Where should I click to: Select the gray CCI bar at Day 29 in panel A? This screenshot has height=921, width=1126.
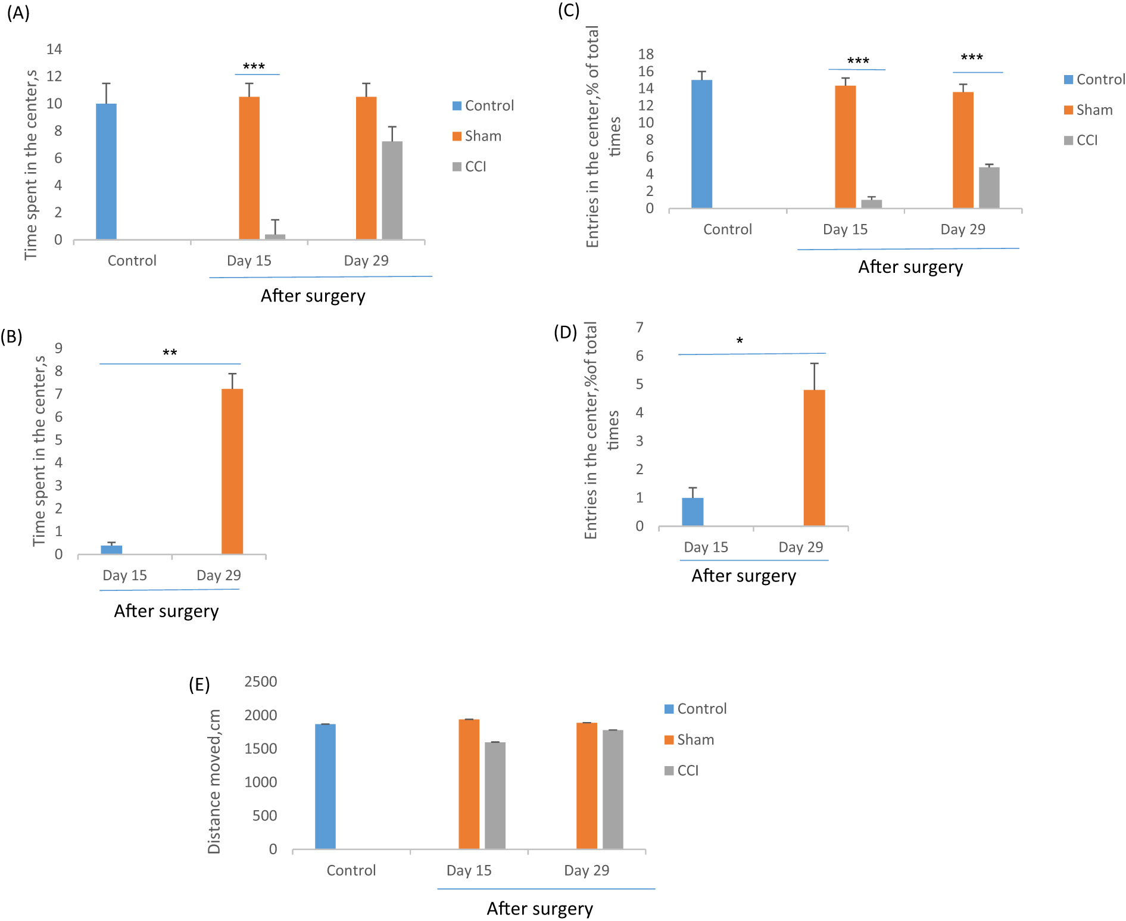(x=392, y=191)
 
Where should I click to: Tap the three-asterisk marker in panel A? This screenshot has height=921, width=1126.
(x=254, y=67)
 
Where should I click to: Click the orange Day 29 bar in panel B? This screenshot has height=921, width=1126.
(x=232, y=471)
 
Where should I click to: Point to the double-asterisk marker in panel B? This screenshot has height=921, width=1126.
(x=170, y=353)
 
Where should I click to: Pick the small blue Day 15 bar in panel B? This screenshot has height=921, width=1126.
(x=111, y=549)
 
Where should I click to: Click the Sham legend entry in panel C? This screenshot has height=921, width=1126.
(x=1088, y=110)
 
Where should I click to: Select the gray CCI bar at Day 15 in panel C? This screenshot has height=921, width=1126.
(x=871, y=204)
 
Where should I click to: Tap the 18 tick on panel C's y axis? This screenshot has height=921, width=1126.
(x=645, y=54)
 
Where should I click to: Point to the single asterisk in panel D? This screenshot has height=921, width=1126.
(x=740, y=341)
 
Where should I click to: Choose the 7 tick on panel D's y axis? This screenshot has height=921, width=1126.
(x=640, y=327)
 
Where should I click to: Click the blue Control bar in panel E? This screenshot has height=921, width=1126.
(x=325, y=786)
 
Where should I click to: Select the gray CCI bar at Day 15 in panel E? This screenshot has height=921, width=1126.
(x=495, y=795)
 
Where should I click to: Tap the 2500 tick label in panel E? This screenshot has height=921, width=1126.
(x=260, y=682)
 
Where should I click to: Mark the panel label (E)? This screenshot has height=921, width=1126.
(x=199, y=684)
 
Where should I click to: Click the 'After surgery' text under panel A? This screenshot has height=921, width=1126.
(x=313, y=295)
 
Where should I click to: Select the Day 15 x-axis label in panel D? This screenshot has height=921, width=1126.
(x=706, y=547)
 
